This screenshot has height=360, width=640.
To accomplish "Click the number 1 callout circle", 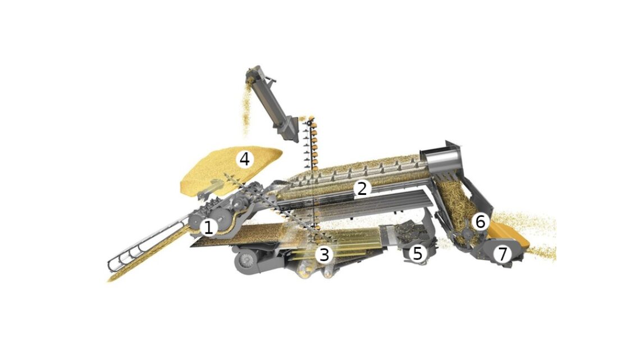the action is tap(209, 227).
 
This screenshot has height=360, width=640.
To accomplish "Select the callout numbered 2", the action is tap(362, 188).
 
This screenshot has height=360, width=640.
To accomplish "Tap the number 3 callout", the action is tap(324, 254).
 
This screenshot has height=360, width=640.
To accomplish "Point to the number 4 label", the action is tap(244, 159).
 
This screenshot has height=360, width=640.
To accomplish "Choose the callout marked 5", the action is tap(417, 253).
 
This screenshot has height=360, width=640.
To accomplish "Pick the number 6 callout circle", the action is tap(481, 222).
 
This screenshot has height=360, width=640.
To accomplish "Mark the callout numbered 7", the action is tap(502, 254).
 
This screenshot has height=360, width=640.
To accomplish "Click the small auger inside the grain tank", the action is tap(212, 188).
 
